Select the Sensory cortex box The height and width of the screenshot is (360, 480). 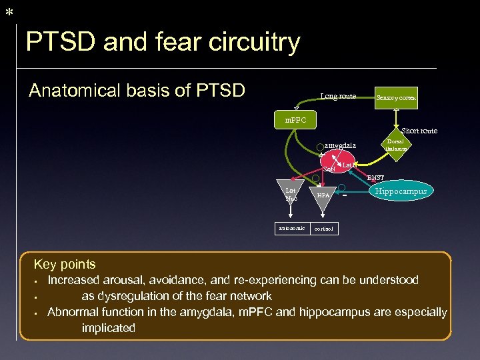[x=396, y=97]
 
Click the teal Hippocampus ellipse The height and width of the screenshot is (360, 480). [x=401, y=191]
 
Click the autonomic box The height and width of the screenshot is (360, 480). [x=291, y=228]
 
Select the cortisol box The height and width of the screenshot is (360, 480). [x=324, y=229]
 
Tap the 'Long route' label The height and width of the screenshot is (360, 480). [x=338, y=97]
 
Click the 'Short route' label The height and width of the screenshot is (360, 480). [x=419, y=131]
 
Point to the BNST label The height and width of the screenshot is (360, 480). [x=375, y=178]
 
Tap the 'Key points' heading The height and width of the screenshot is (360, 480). [x=65, y=265]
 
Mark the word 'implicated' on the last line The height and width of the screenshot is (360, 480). [x=108, y=328]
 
